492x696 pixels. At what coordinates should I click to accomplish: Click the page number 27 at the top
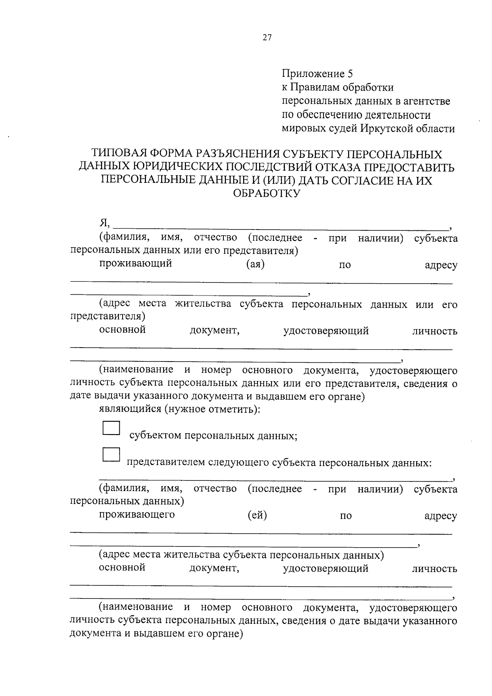point(267,38)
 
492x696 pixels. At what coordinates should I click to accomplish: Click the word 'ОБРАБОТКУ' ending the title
point(266,193)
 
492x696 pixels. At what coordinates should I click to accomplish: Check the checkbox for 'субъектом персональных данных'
point(111,428)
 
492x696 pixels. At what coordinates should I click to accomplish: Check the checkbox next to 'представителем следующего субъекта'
point(111,455)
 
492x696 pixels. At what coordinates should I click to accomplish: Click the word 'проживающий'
point(135,264)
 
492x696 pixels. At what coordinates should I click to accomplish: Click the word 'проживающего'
point(137,514)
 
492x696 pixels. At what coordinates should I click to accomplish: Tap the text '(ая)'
point(255,264)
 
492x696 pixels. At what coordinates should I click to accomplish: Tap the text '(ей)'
point(257,515)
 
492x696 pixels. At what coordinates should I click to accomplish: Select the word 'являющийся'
point(130,409)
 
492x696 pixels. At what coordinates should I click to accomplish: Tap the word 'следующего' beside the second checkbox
point(238,463)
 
